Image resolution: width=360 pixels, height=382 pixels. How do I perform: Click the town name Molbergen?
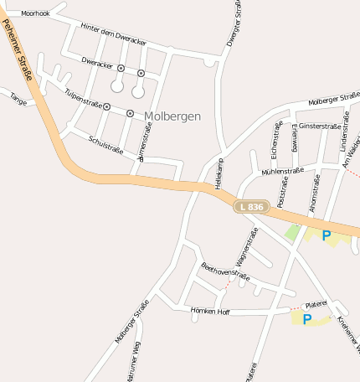coord(172,116)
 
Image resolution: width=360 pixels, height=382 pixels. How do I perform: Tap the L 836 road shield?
coord(250,206)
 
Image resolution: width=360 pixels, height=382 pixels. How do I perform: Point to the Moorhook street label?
coord(36,14)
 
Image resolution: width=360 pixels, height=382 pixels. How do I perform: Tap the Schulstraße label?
coord(105,145)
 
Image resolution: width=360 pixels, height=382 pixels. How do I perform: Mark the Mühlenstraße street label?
coord(282,171)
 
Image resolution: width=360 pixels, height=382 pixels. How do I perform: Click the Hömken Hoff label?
coord(210,311)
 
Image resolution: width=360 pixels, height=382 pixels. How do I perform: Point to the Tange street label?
coord(18,98)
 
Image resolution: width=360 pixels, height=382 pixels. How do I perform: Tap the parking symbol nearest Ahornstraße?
coord(326,235)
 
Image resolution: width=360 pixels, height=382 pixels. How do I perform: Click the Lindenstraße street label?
coord(344,138)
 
